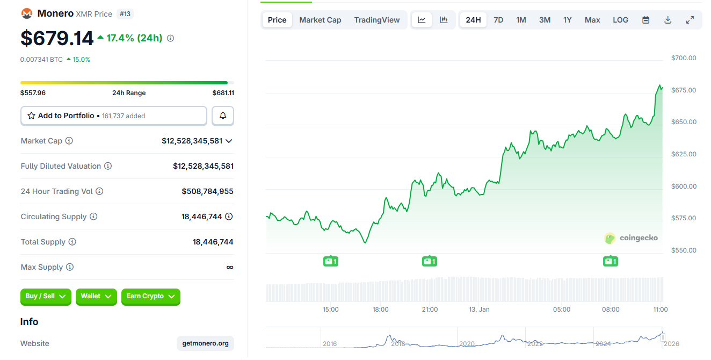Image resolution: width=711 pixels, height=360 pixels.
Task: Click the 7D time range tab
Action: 498,20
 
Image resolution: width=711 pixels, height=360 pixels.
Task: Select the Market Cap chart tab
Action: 320,20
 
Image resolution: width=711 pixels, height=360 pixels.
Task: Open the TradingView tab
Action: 377,20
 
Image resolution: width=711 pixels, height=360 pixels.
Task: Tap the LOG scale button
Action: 620,20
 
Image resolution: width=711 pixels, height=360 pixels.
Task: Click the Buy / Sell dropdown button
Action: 46,296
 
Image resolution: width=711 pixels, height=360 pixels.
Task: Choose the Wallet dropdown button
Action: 96,296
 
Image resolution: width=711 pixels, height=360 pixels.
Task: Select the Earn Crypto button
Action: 150,296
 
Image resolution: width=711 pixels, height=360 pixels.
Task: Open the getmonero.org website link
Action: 205,343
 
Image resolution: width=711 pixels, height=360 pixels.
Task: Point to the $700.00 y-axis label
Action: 684,58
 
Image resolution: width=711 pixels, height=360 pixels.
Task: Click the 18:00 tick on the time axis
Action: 380,309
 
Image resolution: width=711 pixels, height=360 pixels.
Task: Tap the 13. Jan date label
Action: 479,309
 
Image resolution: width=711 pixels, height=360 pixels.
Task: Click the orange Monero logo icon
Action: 26,13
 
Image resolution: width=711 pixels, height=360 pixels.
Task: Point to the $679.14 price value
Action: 57,38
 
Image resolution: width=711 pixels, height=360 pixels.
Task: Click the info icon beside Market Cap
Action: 69,141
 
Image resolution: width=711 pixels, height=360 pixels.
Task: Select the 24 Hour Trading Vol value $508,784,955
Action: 207,191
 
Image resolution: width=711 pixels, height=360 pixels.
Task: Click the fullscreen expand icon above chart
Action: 690,20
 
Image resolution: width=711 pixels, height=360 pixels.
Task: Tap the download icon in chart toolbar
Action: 668,20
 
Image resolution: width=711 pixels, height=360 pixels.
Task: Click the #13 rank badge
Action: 125,14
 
